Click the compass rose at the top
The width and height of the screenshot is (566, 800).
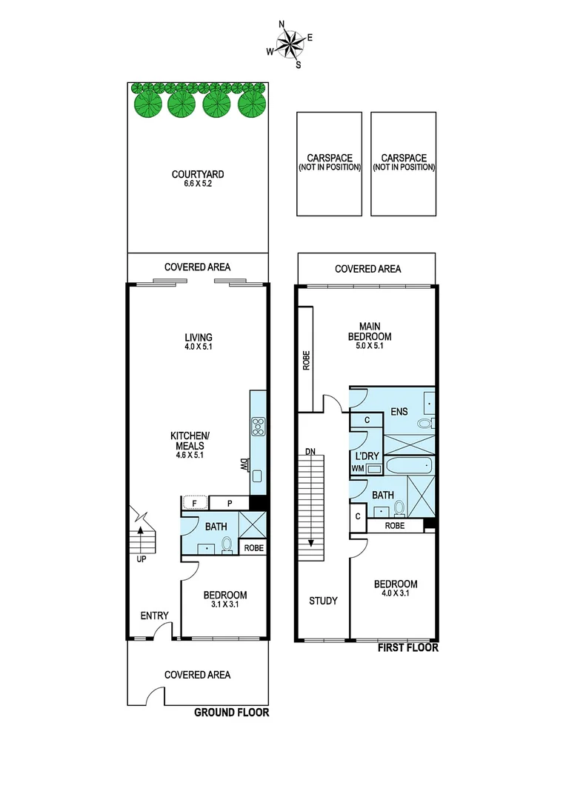coord(290,42)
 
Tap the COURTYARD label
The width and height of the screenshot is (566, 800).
coord(198,175)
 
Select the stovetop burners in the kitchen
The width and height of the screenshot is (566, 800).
coord(259,427)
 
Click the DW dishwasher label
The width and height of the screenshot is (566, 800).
coord(242,465)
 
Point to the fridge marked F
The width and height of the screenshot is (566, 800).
coord(195,504)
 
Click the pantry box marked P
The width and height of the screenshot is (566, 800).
coord(230,504)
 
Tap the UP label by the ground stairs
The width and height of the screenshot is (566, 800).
coord(141,559)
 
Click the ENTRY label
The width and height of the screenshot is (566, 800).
coord(155,616)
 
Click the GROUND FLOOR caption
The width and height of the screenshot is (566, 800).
coord(231,713)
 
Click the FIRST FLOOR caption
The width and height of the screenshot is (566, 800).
coord(408,647)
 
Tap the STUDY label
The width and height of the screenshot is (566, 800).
coord(323,601)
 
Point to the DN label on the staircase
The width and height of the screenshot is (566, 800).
coord(310,451)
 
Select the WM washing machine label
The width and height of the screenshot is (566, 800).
coord(358,468)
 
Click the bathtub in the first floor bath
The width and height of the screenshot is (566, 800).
coord(407,467)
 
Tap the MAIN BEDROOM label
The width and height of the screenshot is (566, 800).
coord(375,331)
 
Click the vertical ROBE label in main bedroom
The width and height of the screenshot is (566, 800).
coord(306,359)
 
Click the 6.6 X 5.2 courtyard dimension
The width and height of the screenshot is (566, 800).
coord(198,184)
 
